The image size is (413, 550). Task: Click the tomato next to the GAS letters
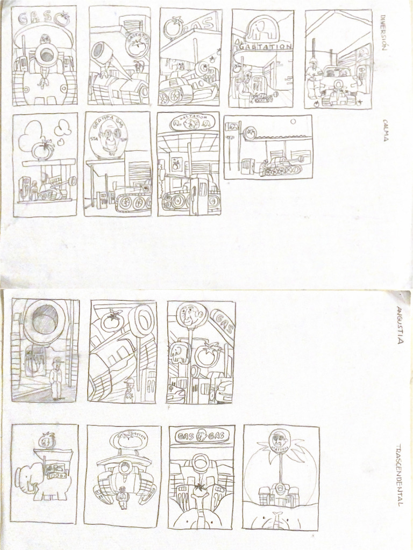63,19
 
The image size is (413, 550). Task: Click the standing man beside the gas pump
55,379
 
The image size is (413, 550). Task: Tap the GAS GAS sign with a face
201,436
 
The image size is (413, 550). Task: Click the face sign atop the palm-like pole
279,440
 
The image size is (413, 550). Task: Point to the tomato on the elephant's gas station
47,440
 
